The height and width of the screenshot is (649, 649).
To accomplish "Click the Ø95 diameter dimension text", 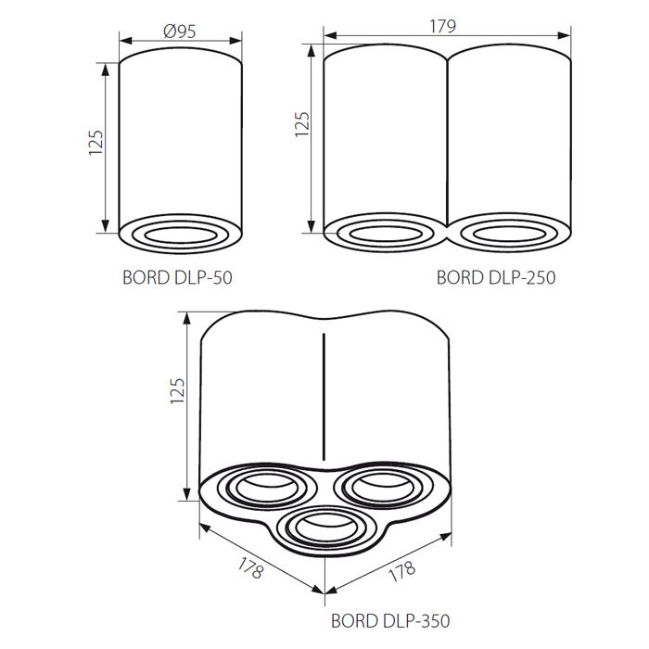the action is pyautogui.click(x=180, y=32).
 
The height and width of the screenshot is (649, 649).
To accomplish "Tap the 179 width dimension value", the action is pyautogui.click(x=443, y=27).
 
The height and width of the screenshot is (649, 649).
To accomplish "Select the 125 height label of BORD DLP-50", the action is pyautogui.click(x=95, y=143).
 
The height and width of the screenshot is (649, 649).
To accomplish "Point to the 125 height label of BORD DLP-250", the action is pyautogui.click(x=302, y=124).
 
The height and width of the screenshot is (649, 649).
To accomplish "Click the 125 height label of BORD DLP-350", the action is pyautogui.click(x=178, y=390).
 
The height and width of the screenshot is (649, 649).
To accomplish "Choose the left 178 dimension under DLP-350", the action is pyautogui.click(x=250, y=567).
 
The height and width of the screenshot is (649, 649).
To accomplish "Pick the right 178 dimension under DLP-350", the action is pyautogui.click(x=401, y=571).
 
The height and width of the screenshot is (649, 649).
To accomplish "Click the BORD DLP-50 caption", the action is pyautogui.click(x=178, y=278).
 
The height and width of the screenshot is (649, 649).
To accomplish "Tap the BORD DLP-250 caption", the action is pyautogui.click(x=496, y=278).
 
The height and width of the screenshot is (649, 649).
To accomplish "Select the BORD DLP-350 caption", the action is pyautogui.click(x=390, y=621).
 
